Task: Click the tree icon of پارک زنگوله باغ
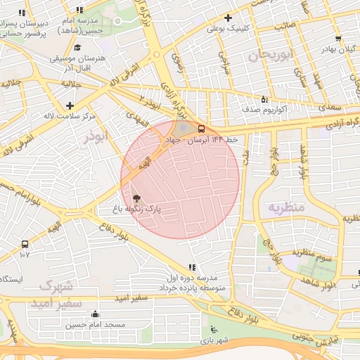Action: coord(136,199)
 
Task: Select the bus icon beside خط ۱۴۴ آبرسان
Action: coord(201,129)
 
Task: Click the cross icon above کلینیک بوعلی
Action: coord(227,18)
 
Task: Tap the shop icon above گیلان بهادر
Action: coord(338,39)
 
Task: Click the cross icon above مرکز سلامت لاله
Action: coord(69,105)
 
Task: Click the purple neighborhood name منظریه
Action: coord(285,207)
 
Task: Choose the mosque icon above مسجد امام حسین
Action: coord(96,314)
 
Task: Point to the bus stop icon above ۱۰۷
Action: coord(25,244)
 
